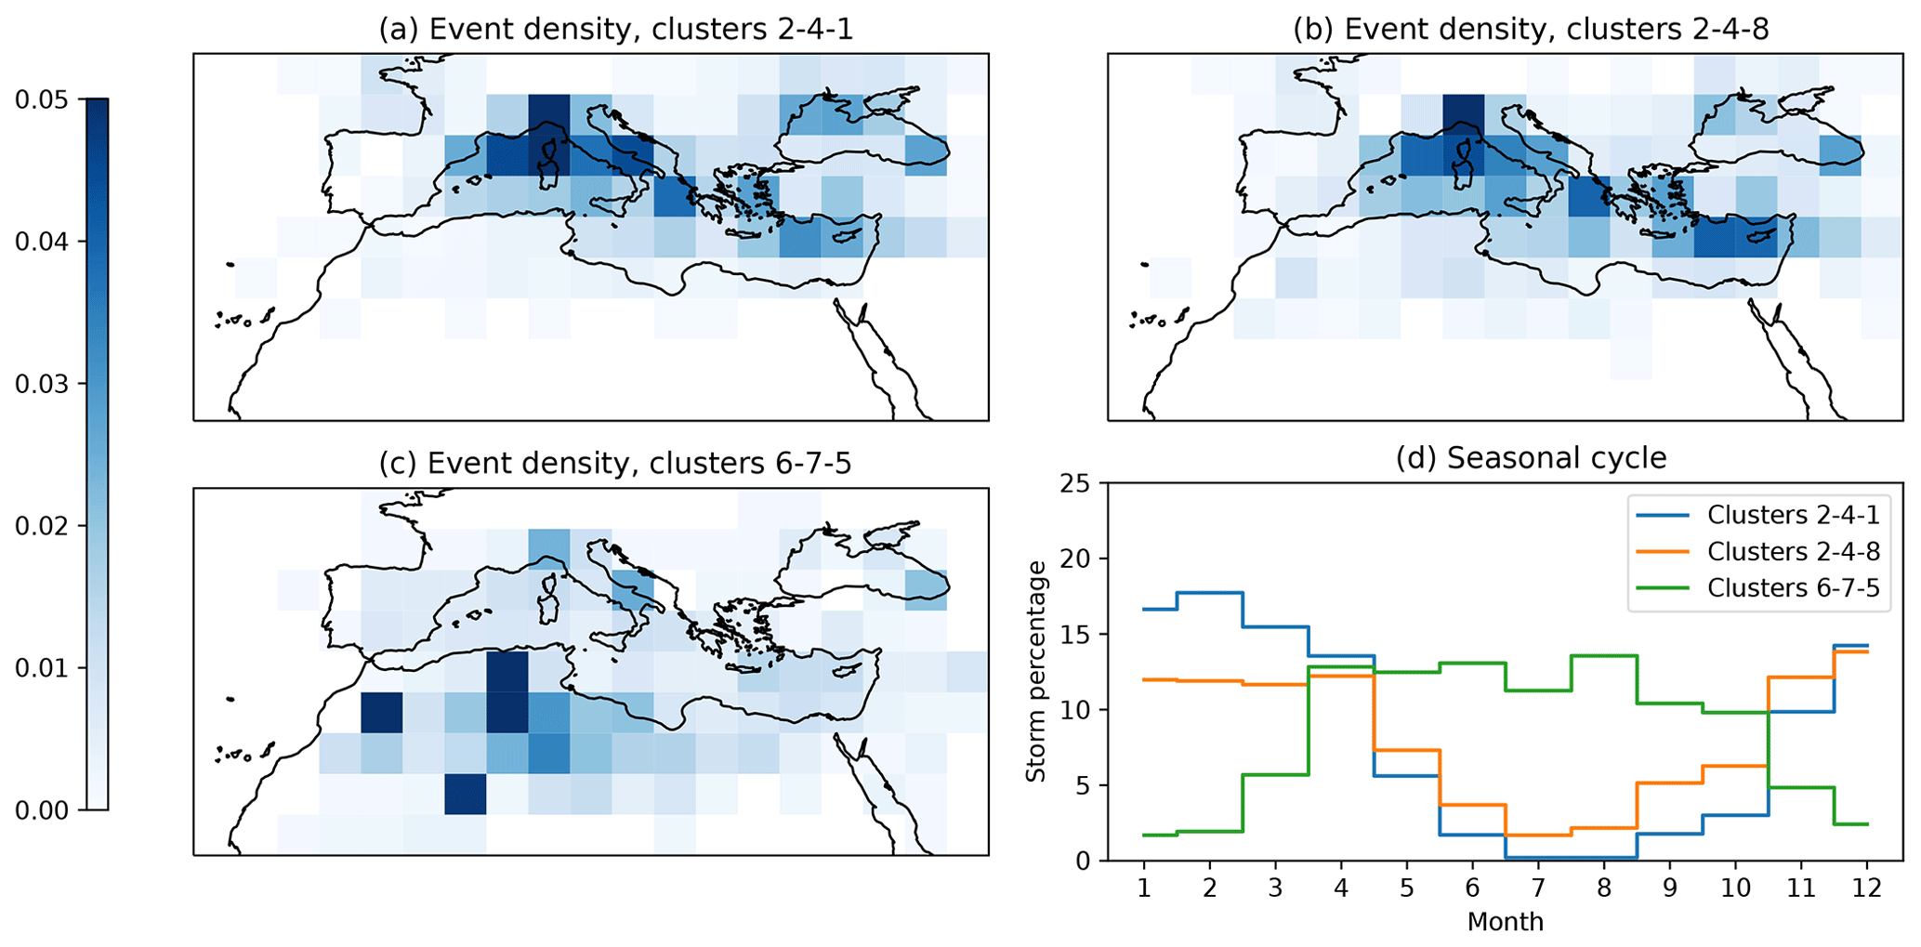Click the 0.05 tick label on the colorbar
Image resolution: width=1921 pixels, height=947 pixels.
42,99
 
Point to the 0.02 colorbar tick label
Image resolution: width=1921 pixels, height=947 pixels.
42,526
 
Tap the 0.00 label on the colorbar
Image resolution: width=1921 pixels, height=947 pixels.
42,810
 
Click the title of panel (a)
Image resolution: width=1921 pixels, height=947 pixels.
615,29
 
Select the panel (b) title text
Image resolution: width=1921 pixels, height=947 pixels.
1531,29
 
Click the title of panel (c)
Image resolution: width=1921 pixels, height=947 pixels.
615,463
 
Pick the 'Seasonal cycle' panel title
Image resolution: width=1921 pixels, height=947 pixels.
1531,458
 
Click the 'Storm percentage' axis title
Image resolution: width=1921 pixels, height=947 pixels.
1036,671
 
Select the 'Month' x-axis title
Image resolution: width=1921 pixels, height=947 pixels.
1506,922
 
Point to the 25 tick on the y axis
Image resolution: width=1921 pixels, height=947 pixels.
1080,483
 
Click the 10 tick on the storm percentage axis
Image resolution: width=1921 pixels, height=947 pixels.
1080,710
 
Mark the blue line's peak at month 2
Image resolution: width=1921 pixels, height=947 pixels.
1209,593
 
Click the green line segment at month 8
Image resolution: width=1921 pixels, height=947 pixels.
1604,656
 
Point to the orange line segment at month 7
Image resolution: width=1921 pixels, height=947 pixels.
1538,835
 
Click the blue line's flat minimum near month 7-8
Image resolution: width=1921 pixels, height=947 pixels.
1571,857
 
